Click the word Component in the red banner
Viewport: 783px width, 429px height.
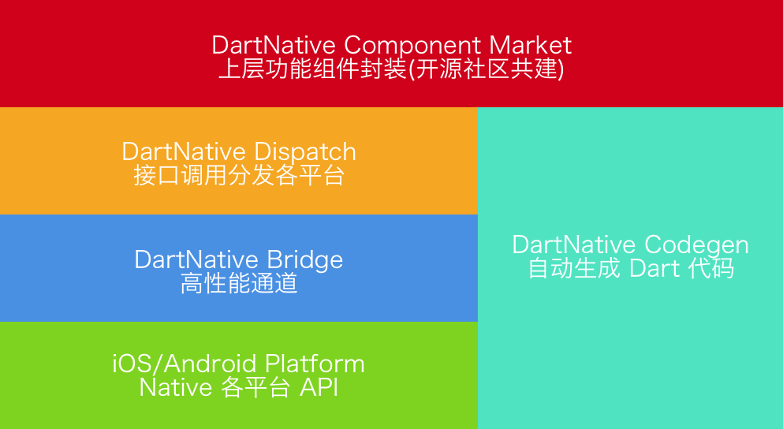pyautogui.click(x=413, y=45)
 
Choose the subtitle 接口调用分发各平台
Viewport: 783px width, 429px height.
pyautogui.click(x=239, y=175)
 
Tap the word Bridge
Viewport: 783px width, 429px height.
pyautogui.click(x=304, y=259)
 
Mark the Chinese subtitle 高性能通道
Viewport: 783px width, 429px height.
pyautogui.click(x=239, y=283)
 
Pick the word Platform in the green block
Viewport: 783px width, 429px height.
pyautogui.click(x=315, y=364)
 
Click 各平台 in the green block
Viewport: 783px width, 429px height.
pyautogui.click(x=257, y=388)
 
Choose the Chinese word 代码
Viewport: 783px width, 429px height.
pyautogui.click(x=711, y=268)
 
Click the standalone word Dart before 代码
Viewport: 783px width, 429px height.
pyautogui.click(x=654, y=268)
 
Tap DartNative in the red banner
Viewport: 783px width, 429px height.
pyautogui.click(x=274, y=45)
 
